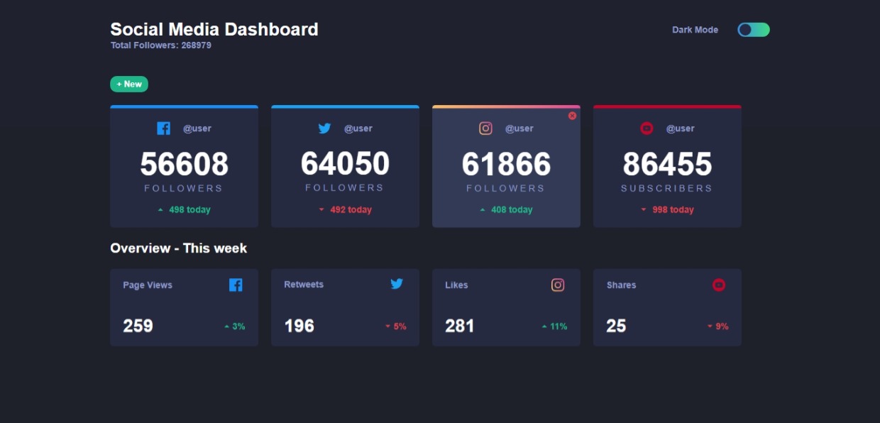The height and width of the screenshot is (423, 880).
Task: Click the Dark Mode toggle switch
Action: coord(753,30)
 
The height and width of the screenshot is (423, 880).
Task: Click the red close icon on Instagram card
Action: coord(572,116)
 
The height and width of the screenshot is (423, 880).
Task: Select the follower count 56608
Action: coord(184,165)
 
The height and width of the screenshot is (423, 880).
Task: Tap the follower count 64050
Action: coord(345,164)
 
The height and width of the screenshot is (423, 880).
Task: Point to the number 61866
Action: coord(506,165)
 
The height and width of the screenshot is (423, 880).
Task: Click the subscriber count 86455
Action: coord(667,165)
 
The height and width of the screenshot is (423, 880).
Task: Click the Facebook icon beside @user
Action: coord(163,128)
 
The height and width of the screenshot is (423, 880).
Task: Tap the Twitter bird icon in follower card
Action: coord(324,128)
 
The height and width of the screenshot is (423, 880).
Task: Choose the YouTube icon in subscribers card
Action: coord(647,128)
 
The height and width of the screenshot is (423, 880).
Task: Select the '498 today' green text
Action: coord(189,210)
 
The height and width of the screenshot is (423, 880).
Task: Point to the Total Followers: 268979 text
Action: coord(160,45)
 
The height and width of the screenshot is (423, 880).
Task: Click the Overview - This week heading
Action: coord(178,248)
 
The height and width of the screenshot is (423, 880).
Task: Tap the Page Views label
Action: coord(148,285)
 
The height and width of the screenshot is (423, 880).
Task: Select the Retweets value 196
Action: coord(299,326)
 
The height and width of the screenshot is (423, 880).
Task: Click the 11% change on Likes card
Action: coord(559,326)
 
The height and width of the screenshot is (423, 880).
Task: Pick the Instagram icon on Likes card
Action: coord(558,285)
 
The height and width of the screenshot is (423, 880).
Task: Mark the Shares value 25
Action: coord(616,326)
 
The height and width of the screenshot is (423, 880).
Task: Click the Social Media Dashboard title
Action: coord(214,30)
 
